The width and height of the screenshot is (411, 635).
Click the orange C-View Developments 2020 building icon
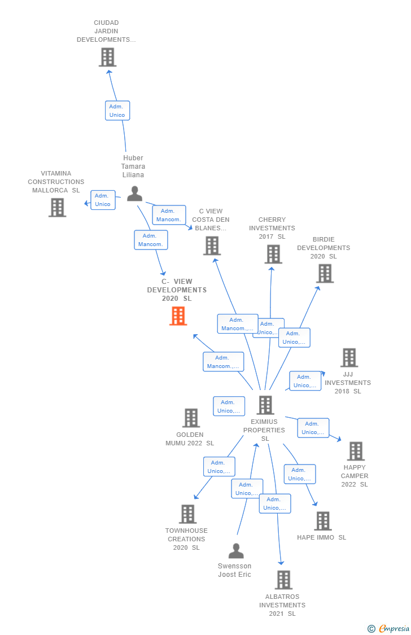(x=178, y=316)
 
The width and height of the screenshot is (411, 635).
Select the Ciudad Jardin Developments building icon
(x=107, y=57)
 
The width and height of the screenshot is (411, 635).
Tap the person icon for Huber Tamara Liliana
(x=134, y=194)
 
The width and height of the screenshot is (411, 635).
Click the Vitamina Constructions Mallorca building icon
(x=57, y=207)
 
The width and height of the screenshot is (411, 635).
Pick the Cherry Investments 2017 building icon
(x=273, y=254)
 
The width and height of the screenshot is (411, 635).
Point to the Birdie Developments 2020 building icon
(x=325, y=273)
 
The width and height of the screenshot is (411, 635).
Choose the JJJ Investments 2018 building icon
(x=349, y=357)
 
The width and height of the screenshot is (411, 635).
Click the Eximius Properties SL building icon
(x=265, y=405)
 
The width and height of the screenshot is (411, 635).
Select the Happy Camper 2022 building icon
(x=356, y=451)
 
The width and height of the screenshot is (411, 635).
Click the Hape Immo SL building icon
(x=322, y=520)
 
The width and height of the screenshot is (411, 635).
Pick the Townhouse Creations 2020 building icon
(x=187, y=514)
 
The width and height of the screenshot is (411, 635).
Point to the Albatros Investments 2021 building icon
(x=283, y=580)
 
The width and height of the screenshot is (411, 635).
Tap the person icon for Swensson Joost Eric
(x=236, y=550)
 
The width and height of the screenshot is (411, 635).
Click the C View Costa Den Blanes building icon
(x=212, y=246)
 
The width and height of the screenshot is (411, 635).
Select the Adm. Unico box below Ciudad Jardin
(x=117, y=111)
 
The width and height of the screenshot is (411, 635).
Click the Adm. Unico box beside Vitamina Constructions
(x=103, y=200)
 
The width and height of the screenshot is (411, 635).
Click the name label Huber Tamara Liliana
(x=133, y=167)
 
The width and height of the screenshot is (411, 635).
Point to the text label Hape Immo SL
(x=322, y=537)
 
